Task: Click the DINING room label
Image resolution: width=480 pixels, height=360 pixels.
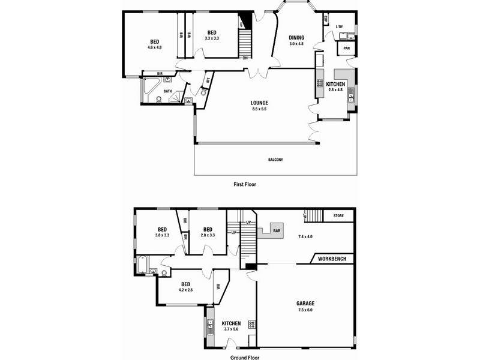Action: (296, 37)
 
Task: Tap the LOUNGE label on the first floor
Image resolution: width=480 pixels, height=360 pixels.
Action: (259, 103)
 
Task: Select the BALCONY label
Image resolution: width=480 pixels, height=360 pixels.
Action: (275, 160)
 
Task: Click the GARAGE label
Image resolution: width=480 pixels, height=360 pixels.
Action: (305, 303)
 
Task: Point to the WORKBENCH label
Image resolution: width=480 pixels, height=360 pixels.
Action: (332, 259)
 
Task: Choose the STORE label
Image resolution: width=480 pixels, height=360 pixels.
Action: (338, 216)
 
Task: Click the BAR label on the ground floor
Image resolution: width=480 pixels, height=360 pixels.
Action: (277, 230)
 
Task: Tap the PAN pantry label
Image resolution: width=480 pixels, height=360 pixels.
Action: (346, 49)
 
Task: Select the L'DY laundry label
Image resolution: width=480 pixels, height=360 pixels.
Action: (340, 26)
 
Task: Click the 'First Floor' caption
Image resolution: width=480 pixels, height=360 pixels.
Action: (245, 185)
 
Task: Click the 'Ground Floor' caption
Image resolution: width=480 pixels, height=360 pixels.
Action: (245, 357)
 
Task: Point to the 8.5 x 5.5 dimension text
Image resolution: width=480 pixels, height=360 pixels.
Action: (259, 109)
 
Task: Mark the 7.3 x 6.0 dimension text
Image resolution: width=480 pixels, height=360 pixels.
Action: (305, 310)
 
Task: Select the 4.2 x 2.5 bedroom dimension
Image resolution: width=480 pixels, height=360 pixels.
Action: (185, 290)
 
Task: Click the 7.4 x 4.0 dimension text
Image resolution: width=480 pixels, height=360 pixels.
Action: (306, 236)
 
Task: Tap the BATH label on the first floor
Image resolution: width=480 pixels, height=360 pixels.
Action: (168, 91)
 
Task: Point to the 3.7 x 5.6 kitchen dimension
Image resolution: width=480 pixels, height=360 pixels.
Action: (231, 329)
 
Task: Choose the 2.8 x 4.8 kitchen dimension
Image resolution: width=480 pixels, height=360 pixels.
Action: (335, 89)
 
